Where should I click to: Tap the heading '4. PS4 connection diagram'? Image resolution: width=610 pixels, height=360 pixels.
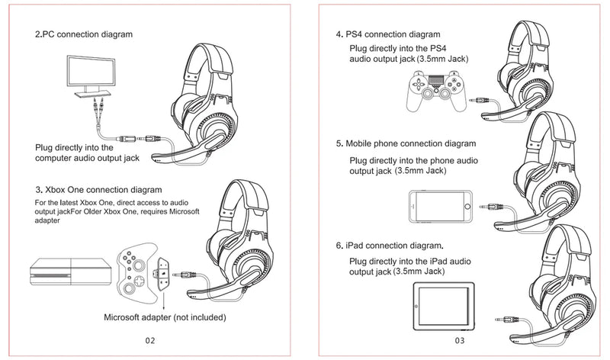388,34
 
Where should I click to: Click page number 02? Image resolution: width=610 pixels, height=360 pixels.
150,340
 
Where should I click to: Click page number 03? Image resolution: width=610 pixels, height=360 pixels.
459,340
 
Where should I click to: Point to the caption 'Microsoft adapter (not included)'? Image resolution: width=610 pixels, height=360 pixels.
165,317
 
